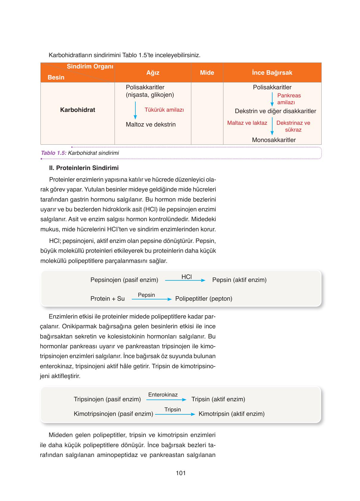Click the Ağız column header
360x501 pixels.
153,73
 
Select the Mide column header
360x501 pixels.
207,73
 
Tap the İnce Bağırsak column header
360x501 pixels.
272,73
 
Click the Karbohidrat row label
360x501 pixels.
77,110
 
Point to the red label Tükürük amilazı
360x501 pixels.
164,110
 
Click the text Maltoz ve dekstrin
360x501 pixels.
151,124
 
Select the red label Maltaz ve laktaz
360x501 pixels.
247,123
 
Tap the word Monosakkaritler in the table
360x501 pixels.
274,140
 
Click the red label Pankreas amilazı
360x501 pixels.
289,99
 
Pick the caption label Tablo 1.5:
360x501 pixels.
54,153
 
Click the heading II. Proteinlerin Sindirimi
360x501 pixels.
84,168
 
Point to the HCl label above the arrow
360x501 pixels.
187,277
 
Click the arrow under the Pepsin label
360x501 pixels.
151,299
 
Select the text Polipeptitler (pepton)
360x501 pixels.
204,299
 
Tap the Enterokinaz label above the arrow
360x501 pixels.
163,395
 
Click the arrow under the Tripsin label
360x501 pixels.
175,414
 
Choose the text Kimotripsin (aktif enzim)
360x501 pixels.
231,414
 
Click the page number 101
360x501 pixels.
181,473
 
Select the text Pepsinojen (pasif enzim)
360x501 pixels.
124,280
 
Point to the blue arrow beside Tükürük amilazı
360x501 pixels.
135,110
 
